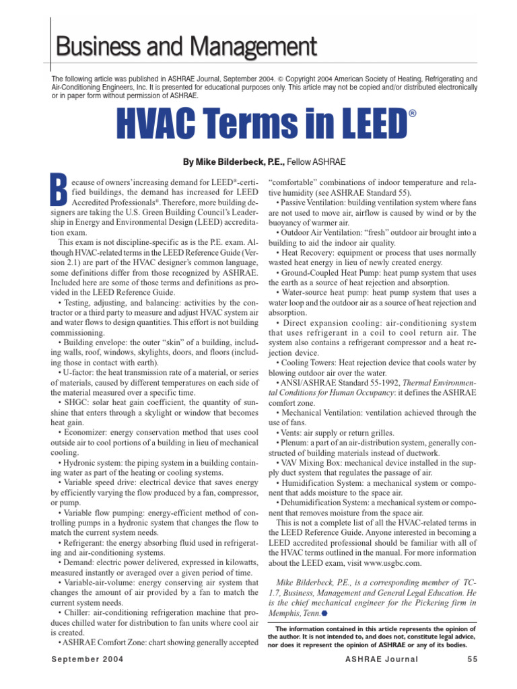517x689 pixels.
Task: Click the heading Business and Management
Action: pos(186,46)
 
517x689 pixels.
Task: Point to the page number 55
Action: pos(471,678)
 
